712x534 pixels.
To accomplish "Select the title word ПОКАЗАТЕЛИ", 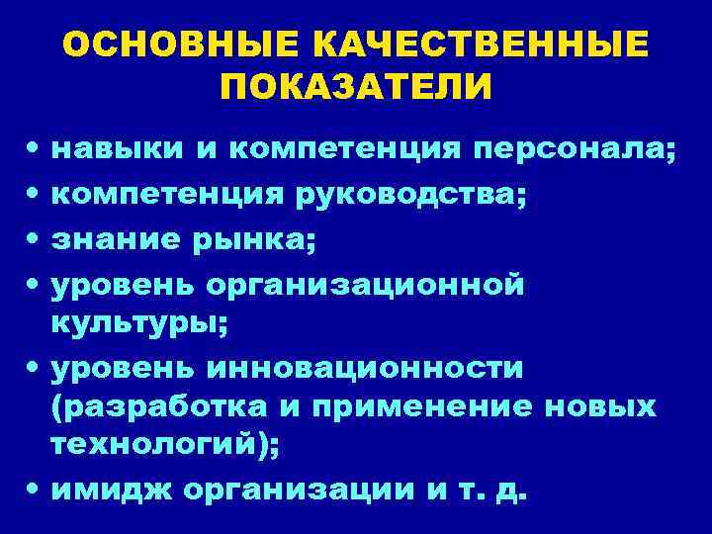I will (x=356, y=88).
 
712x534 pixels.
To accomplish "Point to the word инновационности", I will (x=367, y=369).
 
